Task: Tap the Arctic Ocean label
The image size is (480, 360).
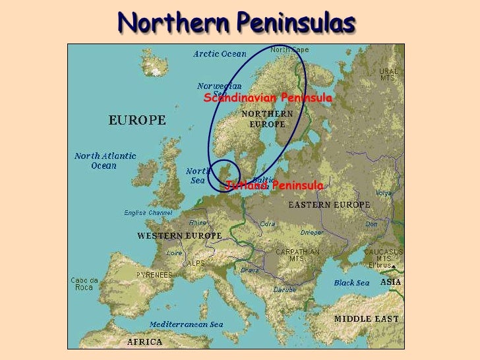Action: tap(220, 54)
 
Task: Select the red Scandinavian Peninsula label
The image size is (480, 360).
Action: tap(268, 98)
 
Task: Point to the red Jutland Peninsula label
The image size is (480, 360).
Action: tap(274, 186)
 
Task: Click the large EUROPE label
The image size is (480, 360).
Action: tap(136, 121)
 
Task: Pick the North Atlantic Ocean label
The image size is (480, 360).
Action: tap(105, 160)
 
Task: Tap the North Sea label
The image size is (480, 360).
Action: tap(198, 175)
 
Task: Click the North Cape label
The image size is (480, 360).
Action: tap(288, 49)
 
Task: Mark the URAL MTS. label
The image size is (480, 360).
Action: tap(387, 75)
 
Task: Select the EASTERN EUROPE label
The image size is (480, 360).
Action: tap(329, 205)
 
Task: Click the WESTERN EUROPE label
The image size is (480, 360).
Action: tap(170, 235)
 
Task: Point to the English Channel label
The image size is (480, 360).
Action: tap(148, 213)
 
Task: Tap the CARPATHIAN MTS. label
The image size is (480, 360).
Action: tap(297, 255)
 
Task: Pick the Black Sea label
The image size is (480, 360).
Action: tap(351, 283)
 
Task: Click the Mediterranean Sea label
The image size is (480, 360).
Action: tap(186, 324)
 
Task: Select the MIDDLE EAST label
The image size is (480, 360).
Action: tap(366, 318)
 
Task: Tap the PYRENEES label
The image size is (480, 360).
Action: tap(154, 275)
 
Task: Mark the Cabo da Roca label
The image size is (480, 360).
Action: tap(84, 284)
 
